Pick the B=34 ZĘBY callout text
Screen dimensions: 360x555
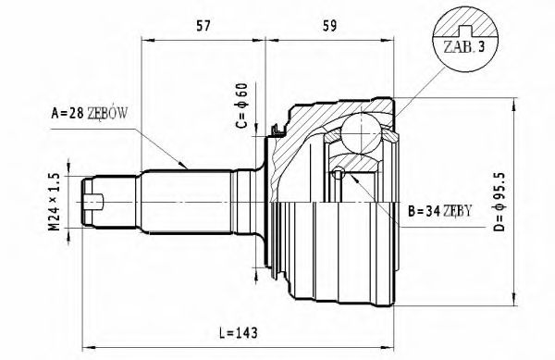[x=440, y=210]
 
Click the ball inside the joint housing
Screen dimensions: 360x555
[x=360, y=130]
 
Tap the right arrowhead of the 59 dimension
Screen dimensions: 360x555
[x=396, y=39]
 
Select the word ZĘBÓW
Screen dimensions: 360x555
[x=109, y=114]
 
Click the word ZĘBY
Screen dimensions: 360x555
[x=455, y=210]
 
